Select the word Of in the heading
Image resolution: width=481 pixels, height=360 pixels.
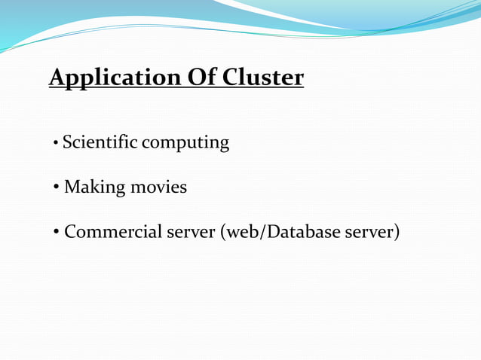[x=196, y=78]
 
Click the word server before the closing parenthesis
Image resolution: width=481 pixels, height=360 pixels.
[x=368, y=232]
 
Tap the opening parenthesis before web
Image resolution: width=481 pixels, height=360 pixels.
[x=222, y=232]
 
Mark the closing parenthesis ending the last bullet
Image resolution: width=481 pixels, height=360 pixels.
[x=396, y=232]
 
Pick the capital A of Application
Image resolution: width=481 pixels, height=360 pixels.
[x=57, y=78]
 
